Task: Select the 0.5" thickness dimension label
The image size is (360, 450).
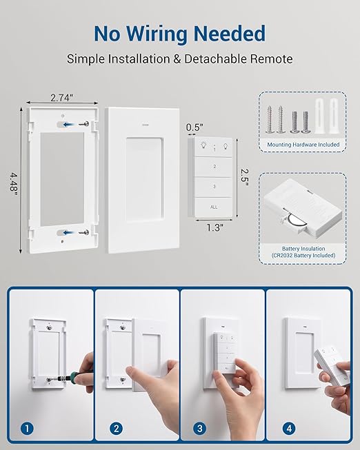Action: [x=194, y=127]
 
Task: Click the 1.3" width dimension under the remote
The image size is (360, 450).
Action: [x=215, y=227]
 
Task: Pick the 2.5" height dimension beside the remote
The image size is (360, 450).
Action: [x=244, y=177]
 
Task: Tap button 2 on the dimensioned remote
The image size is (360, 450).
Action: [x=214, y=167]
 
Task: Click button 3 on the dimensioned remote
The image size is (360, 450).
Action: [x=214, y=187]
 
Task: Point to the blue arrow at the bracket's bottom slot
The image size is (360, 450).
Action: [x=70, y=232]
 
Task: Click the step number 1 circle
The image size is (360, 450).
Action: [x=28, y=429]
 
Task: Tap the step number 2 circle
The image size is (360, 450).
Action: [x=116, y=429]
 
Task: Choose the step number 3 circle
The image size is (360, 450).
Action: [x=200, y=429]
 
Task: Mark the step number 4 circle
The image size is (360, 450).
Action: [x=289, y=429]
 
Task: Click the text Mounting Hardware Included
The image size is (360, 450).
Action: [x=303, y=145]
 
